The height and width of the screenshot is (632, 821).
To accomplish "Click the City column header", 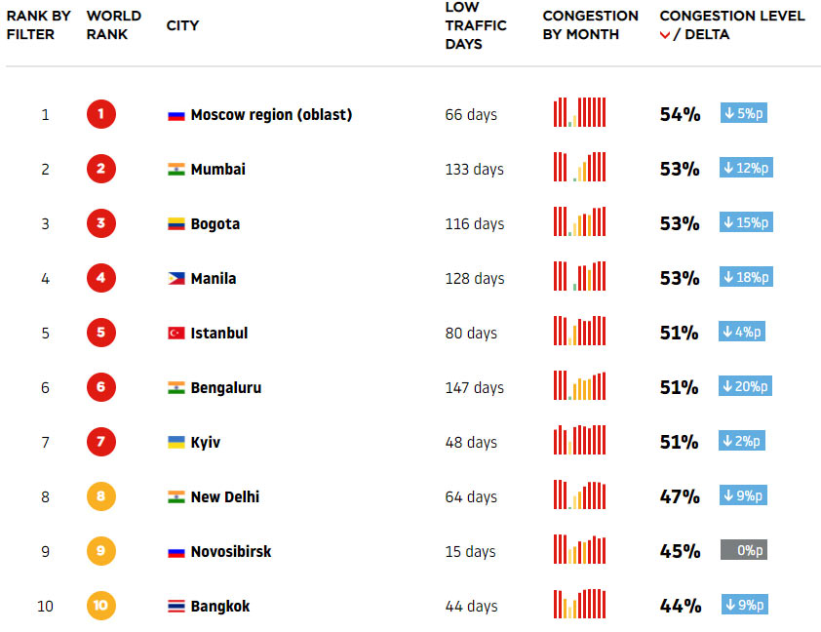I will pos(182,25).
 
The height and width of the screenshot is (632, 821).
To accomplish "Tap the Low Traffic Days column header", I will pos(475,25).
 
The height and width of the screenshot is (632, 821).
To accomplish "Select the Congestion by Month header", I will pos(590,25).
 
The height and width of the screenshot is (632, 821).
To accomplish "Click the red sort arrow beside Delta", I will pos(665,35).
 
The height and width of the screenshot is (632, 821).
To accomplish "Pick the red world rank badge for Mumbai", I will pos(100,169).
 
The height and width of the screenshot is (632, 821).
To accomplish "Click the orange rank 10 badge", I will pos(100,606).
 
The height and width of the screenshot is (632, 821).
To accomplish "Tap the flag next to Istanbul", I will pos(176,334).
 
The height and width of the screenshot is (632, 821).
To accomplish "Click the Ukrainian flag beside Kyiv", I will pos(176,443).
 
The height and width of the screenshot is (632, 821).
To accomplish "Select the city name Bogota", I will pos(215,223).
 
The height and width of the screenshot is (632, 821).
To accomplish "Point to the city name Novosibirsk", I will pos(231,551).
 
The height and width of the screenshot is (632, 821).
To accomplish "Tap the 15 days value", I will pos(471,551).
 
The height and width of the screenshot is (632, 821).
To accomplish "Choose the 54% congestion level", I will pos(680,114).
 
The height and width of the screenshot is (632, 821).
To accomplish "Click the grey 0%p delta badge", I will pos(743,550).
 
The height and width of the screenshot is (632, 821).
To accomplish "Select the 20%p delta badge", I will pos(746,386).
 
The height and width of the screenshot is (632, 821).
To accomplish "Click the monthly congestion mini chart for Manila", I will pos(580,277).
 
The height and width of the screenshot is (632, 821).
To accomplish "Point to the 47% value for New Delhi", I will pos(680,496).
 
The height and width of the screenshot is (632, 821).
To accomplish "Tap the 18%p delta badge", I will pos(746,277).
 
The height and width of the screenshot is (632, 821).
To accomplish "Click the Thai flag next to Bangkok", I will pos(176,607).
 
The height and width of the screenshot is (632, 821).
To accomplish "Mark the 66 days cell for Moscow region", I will pos(471,114).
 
